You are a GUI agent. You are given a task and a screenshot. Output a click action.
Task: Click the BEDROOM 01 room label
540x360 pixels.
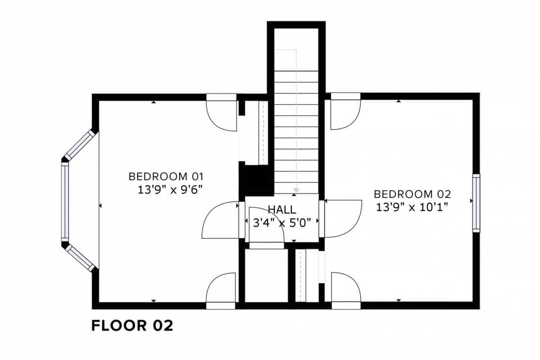[x=166, y=177]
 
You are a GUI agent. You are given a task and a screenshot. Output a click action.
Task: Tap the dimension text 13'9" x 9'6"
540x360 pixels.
[x=169, y=190]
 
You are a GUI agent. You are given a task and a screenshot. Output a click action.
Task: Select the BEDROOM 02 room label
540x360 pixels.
[x=412, y=194]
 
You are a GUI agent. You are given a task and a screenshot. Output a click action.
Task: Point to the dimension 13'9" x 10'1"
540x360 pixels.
[x=412, y=207]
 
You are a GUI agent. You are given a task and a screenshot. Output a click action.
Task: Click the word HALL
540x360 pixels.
[x=282, y=209]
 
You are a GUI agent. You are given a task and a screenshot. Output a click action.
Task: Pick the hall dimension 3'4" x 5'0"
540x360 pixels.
[x=282, y=223]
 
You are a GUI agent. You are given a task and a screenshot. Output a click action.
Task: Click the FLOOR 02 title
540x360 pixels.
[x=132, y=326]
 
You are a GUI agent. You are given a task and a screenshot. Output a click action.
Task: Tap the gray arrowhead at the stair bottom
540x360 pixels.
[x=296, y=190]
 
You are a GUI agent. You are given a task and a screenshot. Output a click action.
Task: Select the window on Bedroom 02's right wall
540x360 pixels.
[x=476, y=203]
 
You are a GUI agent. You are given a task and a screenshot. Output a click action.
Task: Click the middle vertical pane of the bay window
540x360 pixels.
[x=65, y=201]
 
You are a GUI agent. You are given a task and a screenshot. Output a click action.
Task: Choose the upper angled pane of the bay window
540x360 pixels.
[x=79, y=145]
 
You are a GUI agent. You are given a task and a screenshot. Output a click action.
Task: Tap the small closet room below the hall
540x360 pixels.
[x=266, y=275]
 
